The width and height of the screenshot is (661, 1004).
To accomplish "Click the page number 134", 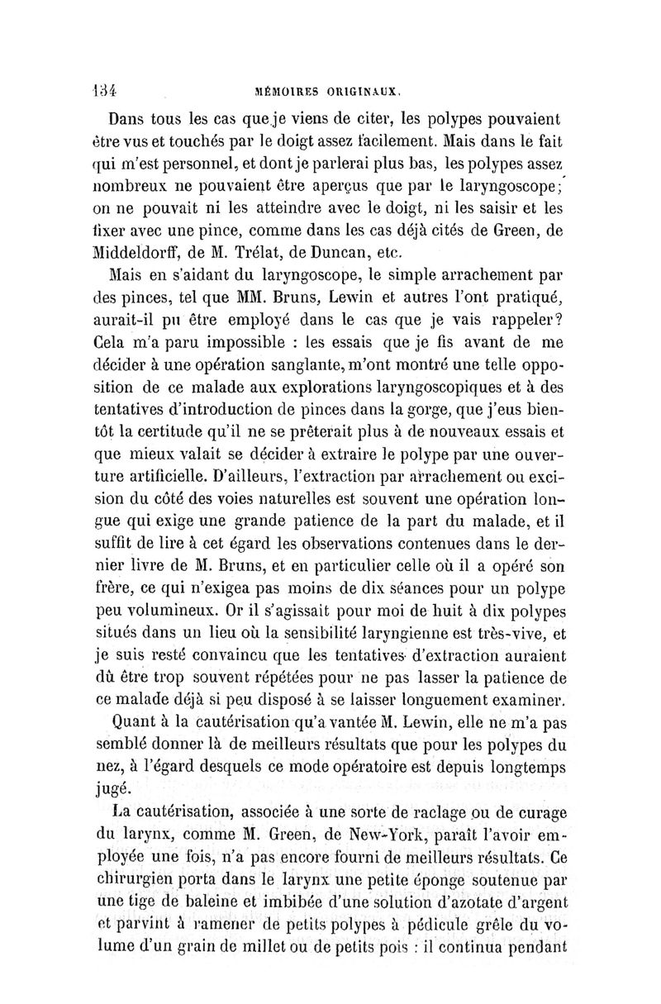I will tap(106, 88).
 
